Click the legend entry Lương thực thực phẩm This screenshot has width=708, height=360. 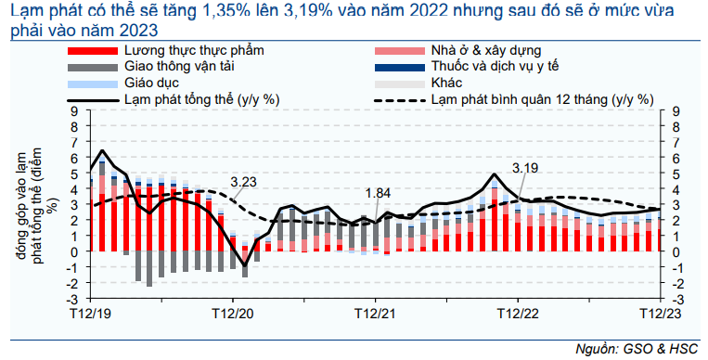[x=194, y=50]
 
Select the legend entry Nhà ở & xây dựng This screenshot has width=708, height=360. [x=486, y=51]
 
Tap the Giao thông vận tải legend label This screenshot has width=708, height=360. [x=179, y=67]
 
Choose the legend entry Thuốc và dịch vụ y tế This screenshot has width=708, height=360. [x=495, y=67]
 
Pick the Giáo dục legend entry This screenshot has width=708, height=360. [x=152, y=84]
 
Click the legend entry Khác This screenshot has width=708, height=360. [x=446, y=83]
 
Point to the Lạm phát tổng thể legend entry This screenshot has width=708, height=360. [x=202, y=99]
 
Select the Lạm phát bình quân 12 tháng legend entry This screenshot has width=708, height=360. [x=542, y=99]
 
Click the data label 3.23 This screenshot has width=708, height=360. [x=243, y=182]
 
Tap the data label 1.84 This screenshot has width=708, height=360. [x=378, y=193]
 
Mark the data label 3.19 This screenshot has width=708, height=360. [x=525, y=168]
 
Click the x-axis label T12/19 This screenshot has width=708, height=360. [x=90, y=314]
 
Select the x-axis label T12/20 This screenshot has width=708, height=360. [x=233, y=314]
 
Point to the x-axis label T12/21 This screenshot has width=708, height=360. [x=375, y=314]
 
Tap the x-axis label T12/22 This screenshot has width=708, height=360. [x=518, y=314]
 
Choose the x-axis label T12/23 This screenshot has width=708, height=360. [x=660, y=314]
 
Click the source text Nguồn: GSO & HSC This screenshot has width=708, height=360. [x=637, y=349]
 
